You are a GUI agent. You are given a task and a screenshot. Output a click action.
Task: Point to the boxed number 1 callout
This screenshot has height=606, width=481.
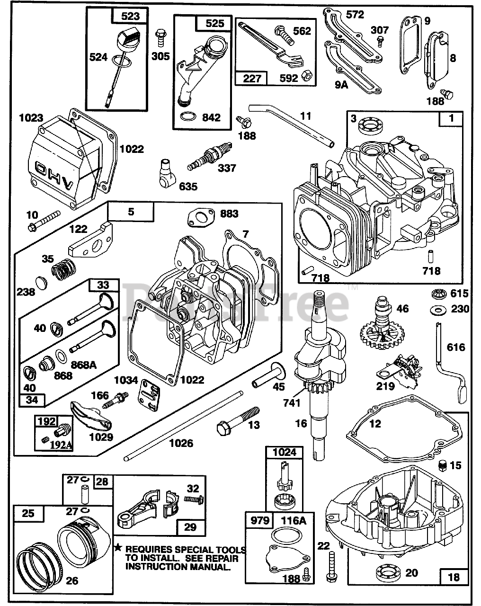tap(451, 118)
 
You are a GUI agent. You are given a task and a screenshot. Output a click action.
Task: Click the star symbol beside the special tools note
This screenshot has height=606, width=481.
tap(118, 548)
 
